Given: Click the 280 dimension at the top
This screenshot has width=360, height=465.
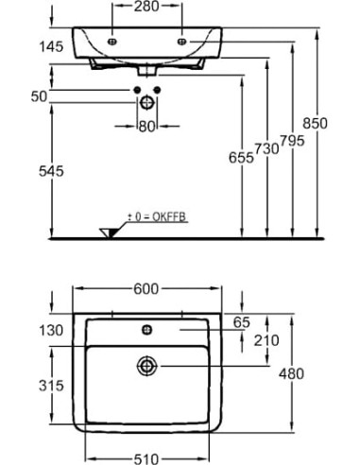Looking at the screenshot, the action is coord(146,6).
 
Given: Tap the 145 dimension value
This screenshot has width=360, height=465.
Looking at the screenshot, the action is coord(51,47).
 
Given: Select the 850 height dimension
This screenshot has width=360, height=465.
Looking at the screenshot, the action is coord(315,123).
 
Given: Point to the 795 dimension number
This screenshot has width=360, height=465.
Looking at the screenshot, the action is coord(292,141).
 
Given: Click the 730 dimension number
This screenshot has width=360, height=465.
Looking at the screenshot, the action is coord(266,148).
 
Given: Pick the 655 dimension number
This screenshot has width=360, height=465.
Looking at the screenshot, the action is coord(241,158).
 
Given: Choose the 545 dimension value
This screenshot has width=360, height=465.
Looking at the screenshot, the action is coord(51,171).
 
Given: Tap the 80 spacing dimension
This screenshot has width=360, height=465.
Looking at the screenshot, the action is coord(147,127).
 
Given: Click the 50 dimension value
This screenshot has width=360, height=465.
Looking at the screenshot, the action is coord(39,96).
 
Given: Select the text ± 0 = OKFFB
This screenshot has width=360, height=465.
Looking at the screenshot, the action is coord(157,216).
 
